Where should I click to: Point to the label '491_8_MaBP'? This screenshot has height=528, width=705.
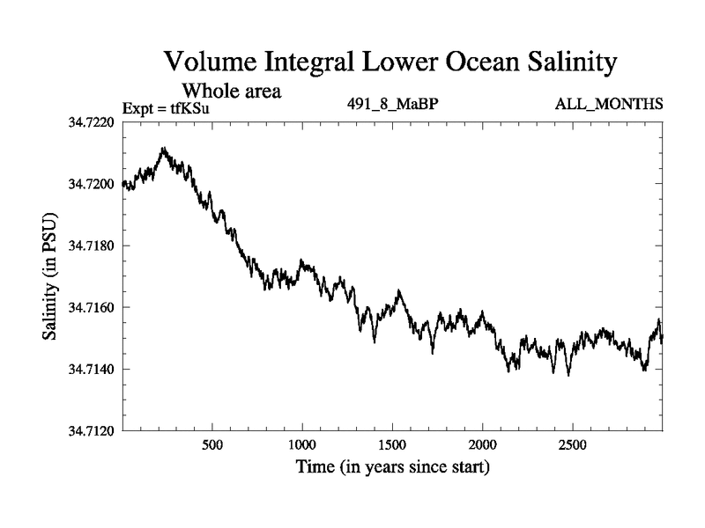393,106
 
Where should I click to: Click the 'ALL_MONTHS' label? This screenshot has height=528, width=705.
609,106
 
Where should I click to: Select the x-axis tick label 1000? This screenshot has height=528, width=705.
302,445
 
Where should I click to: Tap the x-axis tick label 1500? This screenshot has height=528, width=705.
392,445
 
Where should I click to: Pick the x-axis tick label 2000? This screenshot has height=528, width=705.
483,445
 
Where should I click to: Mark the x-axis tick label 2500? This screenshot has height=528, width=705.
573,445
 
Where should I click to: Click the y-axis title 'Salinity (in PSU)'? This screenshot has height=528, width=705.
50,276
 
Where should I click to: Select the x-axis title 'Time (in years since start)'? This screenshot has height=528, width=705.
392,466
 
